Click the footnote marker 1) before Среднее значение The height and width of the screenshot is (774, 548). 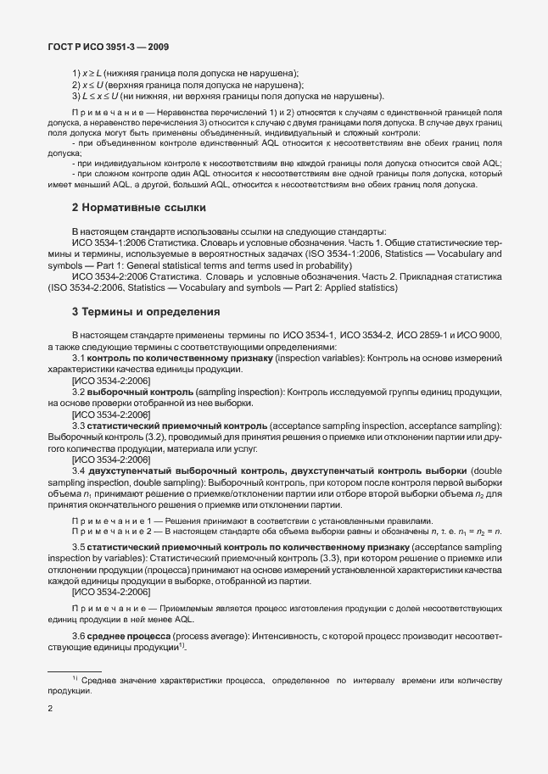75,679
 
